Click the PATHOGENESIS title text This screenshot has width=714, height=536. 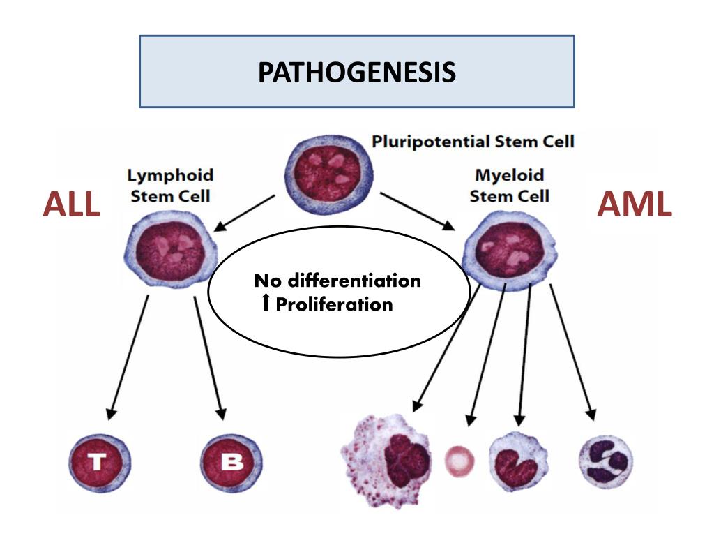pyautogui.click(x=357, y=72)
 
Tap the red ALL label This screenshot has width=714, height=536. pyautogui.click(x=71, y=204)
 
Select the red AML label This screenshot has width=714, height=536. pyautogui.click(x=635, y=204)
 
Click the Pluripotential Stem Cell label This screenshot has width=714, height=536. pyautogui.click(x=473, y=142)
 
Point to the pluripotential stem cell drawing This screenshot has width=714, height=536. pyautogui.click(x=327, y=172)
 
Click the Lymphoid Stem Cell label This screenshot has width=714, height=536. pyautogui.click(x=170, y=186)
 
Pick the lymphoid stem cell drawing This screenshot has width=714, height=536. pyautogui.click(x=169, y=250)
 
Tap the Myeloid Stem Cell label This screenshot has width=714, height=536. pyautogui.click(x=509, y=186)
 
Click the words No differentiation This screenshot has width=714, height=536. pyautogui.click(x=337, y=281)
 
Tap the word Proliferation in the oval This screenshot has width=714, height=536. pyautogui.click(x=335, y=304)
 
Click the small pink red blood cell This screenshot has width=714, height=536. pyautogui.click(x=460, y=461)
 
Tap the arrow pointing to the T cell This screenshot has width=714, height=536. pyautogui.click(x=128, y=356)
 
